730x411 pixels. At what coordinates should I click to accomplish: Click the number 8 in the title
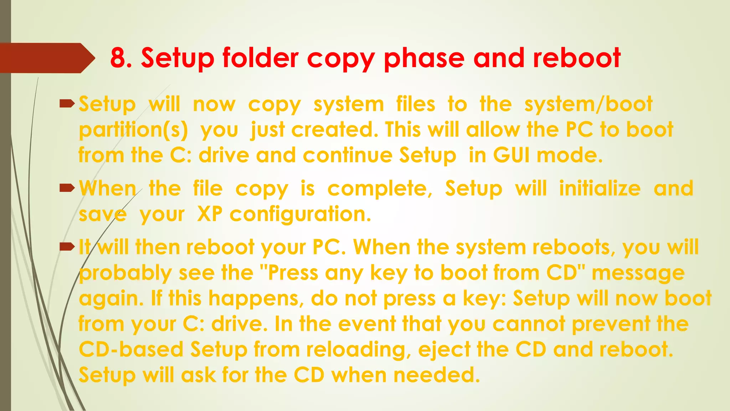[x=119, y=58]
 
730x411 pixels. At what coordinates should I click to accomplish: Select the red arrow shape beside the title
[x=46, y=58]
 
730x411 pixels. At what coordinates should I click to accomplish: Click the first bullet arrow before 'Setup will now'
[x=67, y=104]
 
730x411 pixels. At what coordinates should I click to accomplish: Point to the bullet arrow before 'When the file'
[x=67, y=188]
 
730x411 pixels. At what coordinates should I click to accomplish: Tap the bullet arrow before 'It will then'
[x=67, y=247]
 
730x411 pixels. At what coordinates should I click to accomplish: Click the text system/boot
[x=588, y=104]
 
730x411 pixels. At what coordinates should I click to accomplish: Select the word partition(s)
[x=133, y=130]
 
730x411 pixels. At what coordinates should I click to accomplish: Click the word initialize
[x=600, y=188]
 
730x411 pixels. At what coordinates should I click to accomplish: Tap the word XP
[x=210, y=214]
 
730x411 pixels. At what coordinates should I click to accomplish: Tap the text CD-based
[x=131, y=349]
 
